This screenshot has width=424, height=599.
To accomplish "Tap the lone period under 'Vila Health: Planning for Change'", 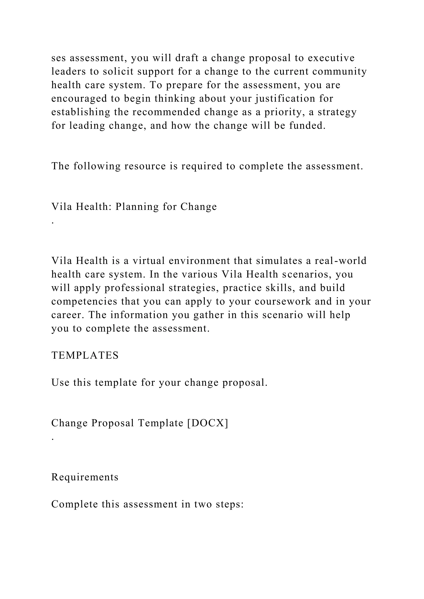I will click(53, 222).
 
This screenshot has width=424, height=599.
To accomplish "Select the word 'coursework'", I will click(283, 301).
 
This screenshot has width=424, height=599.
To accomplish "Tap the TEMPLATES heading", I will click(85, 355).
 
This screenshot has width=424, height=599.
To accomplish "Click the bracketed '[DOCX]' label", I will click(208, 423).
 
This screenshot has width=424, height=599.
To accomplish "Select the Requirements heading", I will click(85, 477).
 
